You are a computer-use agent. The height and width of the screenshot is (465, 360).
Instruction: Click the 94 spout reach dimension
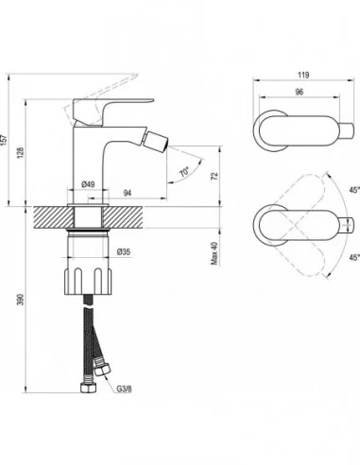pyautogui.click(x=127, y=192)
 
